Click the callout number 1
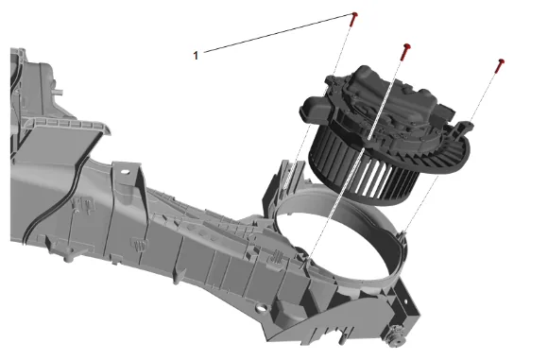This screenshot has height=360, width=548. click(196, 55)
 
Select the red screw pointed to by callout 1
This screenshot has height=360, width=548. click(353, 19)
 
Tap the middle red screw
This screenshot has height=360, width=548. click(405, 52)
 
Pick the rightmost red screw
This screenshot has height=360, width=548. click(500, 66)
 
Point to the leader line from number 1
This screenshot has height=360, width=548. click(278, 34)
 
